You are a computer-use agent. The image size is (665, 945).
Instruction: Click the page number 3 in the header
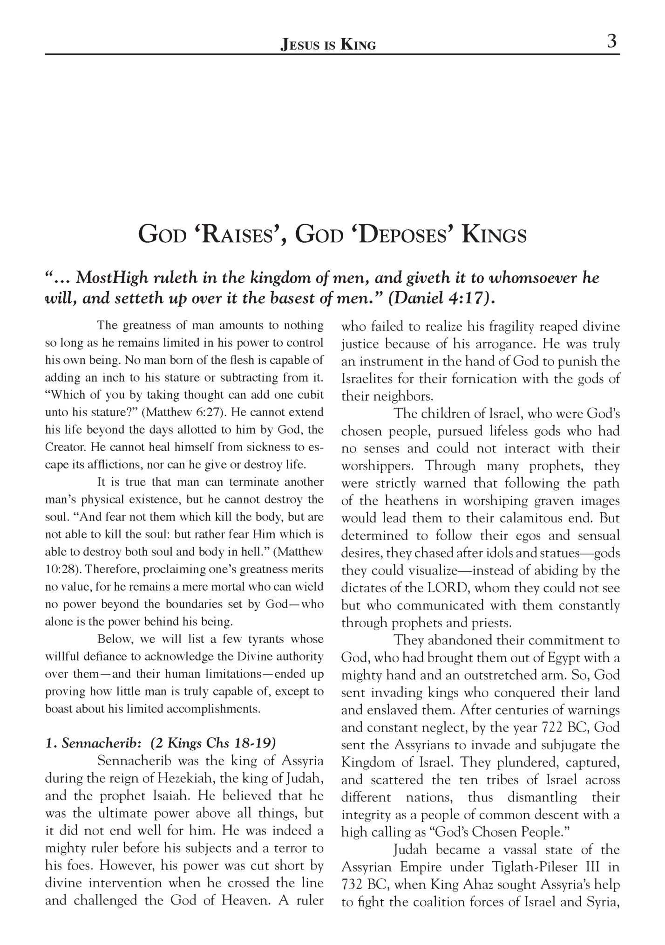612,42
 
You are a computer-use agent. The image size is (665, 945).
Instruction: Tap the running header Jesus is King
328,45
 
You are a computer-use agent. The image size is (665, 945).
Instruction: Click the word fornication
484,379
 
